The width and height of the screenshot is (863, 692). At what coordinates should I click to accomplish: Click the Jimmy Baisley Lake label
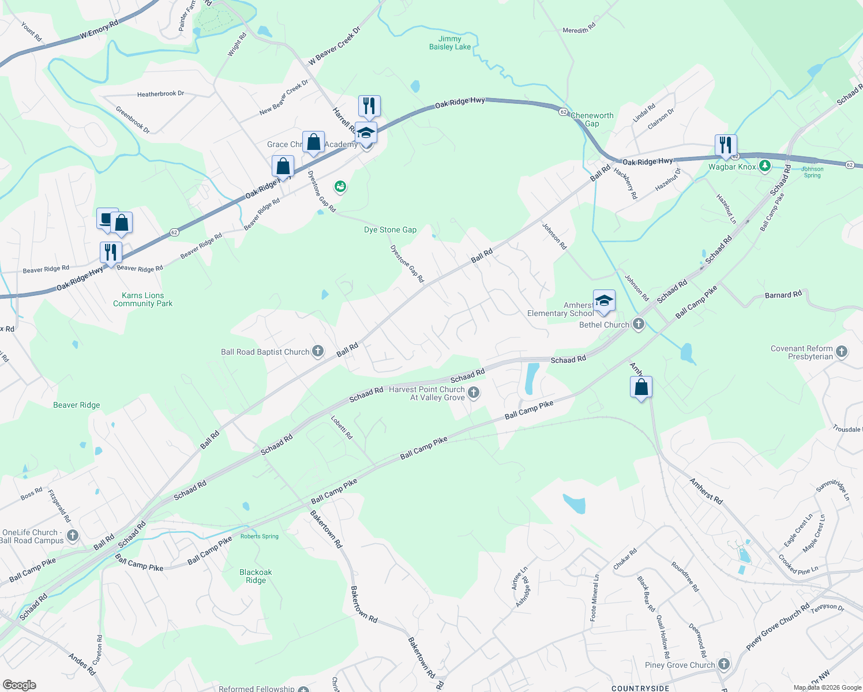[x=449, y=43]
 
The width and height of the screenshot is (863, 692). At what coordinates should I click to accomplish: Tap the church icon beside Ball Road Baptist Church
[x=318, y=351]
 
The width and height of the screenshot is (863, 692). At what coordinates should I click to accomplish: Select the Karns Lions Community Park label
[x=142, y=299]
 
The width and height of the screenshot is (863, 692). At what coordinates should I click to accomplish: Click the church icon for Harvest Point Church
[x=474, y=393]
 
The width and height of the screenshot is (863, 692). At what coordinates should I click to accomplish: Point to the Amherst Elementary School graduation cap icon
[x=604, y=301]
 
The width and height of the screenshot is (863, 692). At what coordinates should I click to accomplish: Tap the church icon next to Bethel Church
[x=638, y=324]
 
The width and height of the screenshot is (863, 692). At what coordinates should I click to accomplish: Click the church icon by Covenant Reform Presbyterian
[x=842, y=352]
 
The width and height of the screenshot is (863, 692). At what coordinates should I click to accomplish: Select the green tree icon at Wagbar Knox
[x=765, y=167]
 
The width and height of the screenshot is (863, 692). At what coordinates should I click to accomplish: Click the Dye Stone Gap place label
[x=390, y=230]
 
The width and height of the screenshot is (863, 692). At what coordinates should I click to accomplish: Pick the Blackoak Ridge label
[x=256, y=576]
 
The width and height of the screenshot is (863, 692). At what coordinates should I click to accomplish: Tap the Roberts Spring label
[x=260, y=536]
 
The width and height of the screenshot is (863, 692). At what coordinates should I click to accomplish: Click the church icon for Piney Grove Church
[x=724, y=664]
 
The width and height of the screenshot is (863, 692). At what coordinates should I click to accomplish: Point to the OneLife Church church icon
[x=73, y=536]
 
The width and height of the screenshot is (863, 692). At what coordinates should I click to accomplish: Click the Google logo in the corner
[x=20, y=685]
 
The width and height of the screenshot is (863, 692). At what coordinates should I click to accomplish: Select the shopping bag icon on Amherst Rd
[x=641, y=388]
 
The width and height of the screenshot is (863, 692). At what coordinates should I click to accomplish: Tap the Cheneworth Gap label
[x=592, y=119]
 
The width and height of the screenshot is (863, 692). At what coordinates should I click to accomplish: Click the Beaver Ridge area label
[x=77, y=405]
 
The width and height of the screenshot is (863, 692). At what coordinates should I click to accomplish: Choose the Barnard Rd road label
[x=783, y=295]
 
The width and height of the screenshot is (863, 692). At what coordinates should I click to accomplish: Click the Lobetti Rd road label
[x=342, y=427]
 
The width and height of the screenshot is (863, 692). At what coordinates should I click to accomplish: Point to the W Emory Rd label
[x=99, y=30]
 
